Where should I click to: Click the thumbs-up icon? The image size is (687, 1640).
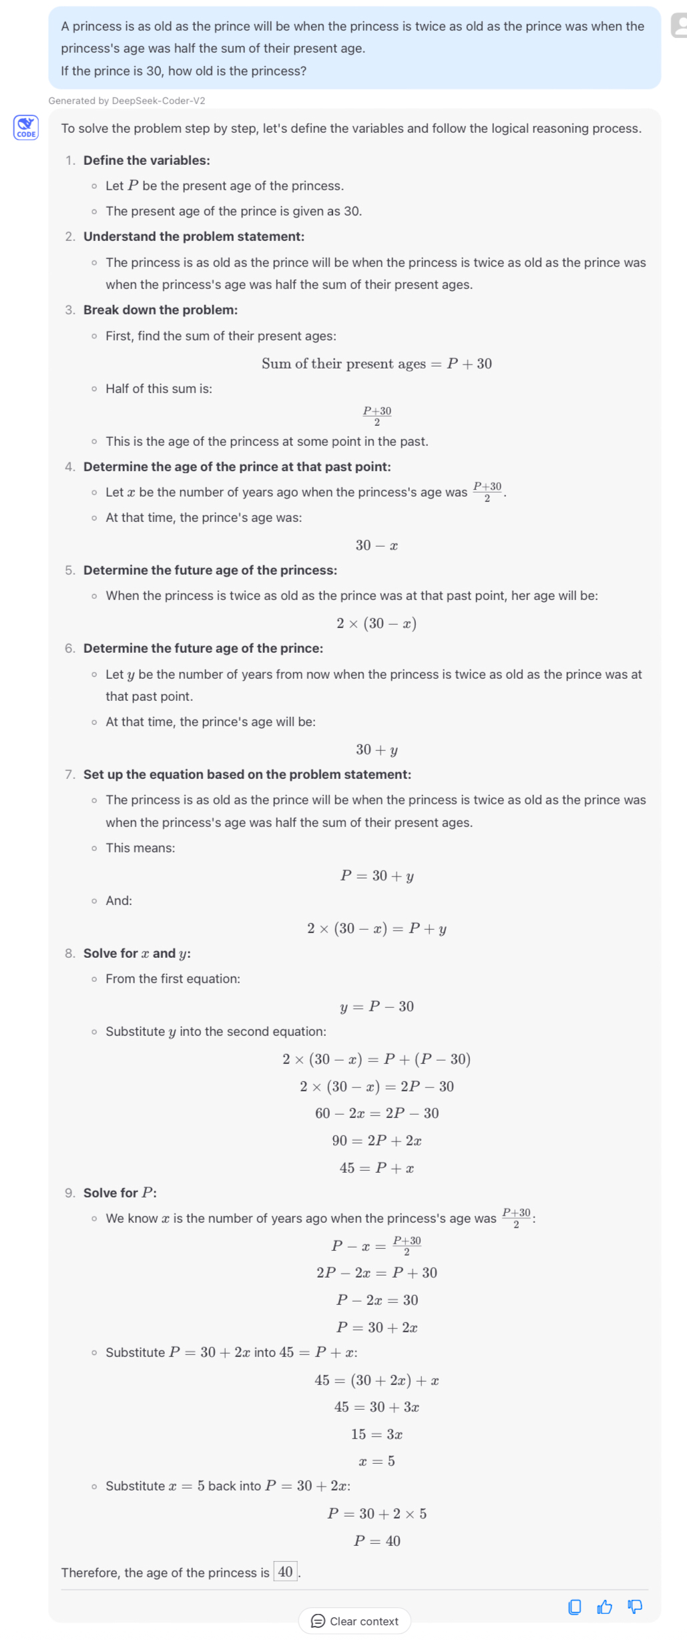[x=604, y=1607]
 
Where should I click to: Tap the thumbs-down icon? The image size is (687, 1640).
[x=635, y=1607]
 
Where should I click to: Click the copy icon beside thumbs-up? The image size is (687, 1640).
[x=574, y=1607]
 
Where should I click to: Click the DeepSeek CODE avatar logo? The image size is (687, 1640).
[x=26, y=127]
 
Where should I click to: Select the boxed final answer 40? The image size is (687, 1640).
[x=285, y=1571]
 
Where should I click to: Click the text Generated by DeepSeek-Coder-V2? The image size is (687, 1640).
[x=127, y=101]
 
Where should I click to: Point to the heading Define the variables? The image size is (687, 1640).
[x=146, y=160]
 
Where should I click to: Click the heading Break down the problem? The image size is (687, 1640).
[x=160, y=310]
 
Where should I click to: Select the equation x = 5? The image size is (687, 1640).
[x=377, y=1461]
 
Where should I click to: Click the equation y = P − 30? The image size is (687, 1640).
[x=377, y=1006]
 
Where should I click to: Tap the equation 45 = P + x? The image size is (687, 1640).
[x=377, y=1167]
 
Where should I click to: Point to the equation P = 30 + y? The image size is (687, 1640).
[x=377, y=875]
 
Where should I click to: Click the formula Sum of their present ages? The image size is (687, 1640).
[x=377, y=364]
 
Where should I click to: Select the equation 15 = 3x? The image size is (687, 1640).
[x=377, y=1434]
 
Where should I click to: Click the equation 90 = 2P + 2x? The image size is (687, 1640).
[x=377, y=1140]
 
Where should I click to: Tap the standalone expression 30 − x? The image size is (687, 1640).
[x=377, y=545]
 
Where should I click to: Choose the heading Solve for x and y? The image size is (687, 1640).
[x=137, y=953]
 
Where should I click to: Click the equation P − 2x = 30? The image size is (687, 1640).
[x=377, y=1300]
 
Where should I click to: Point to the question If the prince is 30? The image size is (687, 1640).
[x=184, y=71]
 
